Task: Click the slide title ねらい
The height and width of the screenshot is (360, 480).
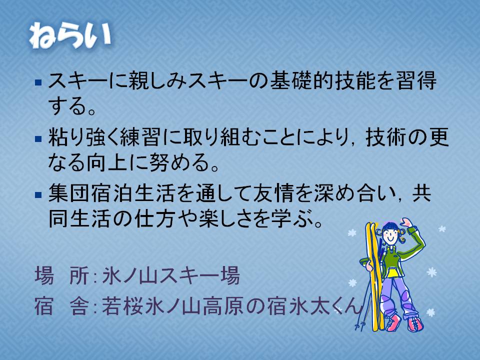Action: (x=70, y=35)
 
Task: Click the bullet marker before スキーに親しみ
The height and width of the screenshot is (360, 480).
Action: (x=38, y=82)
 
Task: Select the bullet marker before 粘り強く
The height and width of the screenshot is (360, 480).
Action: (x=38, y=139)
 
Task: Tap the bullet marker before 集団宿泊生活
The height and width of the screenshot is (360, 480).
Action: (x=38, y=195)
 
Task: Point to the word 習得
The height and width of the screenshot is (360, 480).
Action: (x=416, y=81)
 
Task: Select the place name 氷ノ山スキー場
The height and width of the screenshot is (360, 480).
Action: (x=171, y=276)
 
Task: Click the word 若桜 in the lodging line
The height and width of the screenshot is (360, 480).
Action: (x=122, y=306)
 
